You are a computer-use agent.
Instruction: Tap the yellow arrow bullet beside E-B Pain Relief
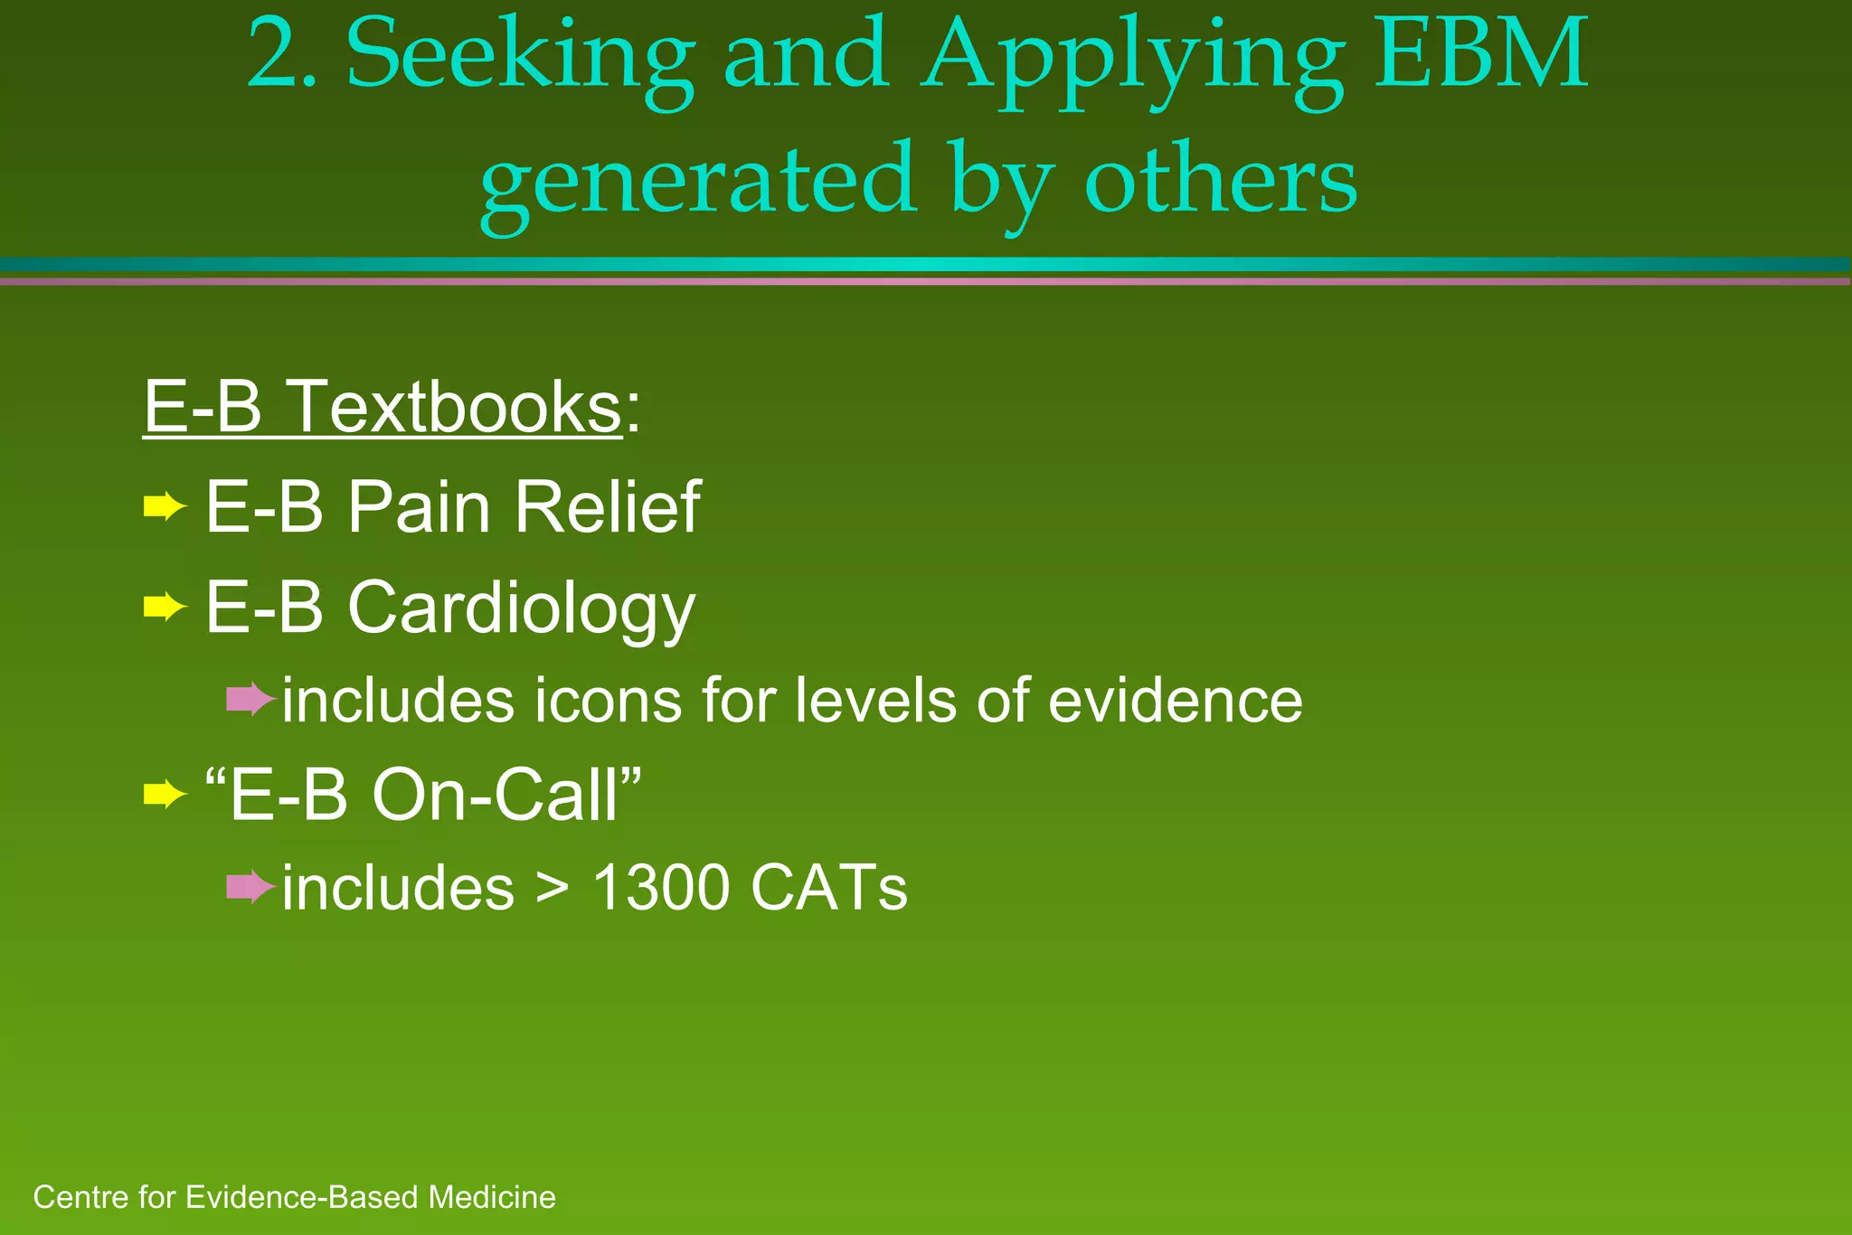165,507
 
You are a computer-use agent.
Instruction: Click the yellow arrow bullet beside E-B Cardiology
165,607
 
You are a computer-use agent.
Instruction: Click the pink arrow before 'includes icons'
250,699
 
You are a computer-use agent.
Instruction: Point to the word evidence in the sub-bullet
1175,701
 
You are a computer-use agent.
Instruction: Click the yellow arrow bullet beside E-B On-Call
165,796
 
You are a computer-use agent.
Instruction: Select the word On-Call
506,796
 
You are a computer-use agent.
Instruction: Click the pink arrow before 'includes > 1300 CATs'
250,887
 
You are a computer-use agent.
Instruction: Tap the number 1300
661,888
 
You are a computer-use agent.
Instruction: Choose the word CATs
828,888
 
